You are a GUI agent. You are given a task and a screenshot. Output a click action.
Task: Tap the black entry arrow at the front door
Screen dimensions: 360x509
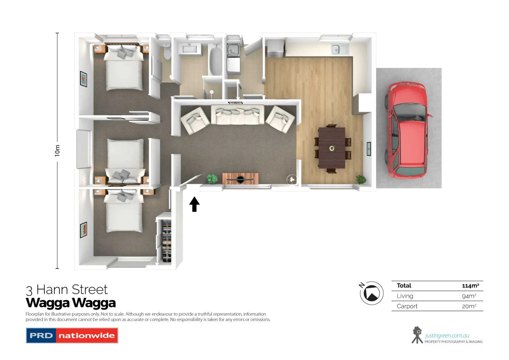pos(194,204)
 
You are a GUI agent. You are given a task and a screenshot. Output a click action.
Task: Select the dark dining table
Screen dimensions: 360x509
pos(332,148)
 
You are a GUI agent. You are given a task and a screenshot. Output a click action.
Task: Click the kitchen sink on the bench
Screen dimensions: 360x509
pos(340,49)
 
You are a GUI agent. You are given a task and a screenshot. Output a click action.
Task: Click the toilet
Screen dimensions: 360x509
pos(167,53)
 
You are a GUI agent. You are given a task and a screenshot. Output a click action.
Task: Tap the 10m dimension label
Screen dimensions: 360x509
pos(57,150)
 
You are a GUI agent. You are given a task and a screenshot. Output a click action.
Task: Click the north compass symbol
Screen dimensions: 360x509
pos(372,293)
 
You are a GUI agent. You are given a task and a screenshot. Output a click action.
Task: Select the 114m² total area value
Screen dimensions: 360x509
pos(470,286)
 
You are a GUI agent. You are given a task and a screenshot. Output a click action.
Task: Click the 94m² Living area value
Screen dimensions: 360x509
pos(469,296)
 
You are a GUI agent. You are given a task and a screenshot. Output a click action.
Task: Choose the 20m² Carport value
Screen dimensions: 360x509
pos(469,306)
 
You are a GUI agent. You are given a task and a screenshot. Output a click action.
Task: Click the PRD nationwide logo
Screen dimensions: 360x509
pos(72,336)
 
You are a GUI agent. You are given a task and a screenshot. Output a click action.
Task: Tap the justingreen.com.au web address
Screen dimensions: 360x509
pos(447,336)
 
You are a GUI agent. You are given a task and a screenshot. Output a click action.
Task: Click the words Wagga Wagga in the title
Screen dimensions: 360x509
pos(71,303)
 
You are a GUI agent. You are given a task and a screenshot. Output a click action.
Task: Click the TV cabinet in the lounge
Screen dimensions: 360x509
pos(240,178)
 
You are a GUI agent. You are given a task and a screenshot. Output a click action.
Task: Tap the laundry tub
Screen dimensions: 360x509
pos(233,50)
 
